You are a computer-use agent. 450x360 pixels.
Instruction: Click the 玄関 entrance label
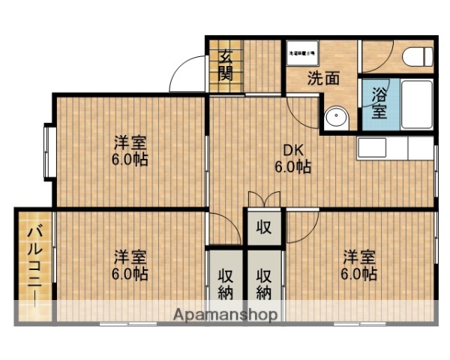226,64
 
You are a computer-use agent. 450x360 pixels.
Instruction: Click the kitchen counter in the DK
394,148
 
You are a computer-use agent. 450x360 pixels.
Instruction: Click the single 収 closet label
264,227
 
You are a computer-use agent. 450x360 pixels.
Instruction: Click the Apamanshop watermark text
226,314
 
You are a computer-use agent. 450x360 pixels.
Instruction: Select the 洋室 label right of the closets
360,255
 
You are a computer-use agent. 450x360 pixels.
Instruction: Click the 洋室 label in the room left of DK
130,142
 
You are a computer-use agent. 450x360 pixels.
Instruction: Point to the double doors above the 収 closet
264,201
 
